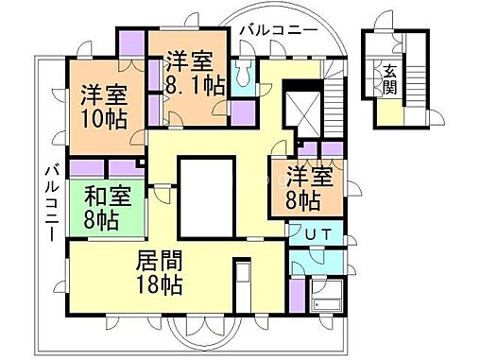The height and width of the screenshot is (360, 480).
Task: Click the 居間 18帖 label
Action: click(x=159, y=272)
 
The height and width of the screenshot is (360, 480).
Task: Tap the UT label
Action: click(x=316, y=233)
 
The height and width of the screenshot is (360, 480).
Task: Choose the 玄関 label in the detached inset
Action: click(x=387, y=78)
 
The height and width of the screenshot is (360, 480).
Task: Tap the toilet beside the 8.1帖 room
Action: click(x=244, y=73)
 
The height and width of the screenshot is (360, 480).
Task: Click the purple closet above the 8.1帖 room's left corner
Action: click(x=130, y=43)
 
